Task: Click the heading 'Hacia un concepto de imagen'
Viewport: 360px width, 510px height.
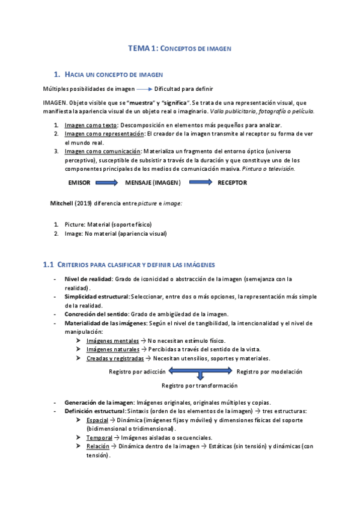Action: click(x=114, y=74)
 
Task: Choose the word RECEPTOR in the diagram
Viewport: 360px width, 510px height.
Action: click(x=232, y=182)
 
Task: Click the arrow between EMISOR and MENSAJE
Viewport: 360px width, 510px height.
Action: click(x=111, y=182)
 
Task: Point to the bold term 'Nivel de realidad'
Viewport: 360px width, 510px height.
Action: click(x=88, y=279)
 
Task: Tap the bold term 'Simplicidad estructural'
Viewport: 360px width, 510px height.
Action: click(x=97, y=296)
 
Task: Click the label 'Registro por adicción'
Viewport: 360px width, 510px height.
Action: click(x=136, y=372)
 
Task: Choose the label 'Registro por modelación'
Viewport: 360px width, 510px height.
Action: click(x=269, y=372)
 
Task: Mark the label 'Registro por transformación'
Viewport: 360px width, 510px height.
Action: click(x=201, y=384)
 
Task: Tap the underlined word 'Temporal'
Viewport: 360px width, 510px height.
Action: click(x=100, y=437)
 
